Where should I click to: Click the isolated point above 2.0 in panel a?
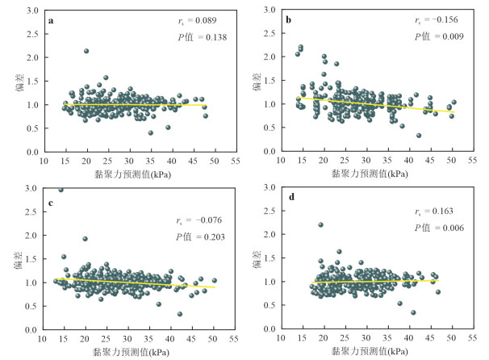click(86, 51)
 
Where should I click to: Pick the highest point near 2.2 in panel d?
click(320, 225)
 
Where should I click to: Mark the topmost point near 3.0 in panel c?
click(61, 189)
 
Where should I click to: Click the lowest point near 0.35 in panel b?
click(419, 136)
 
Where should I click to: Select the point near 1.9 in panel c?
click(85, 239)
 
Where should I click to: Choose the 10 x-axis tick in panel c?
click(43, 341)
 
